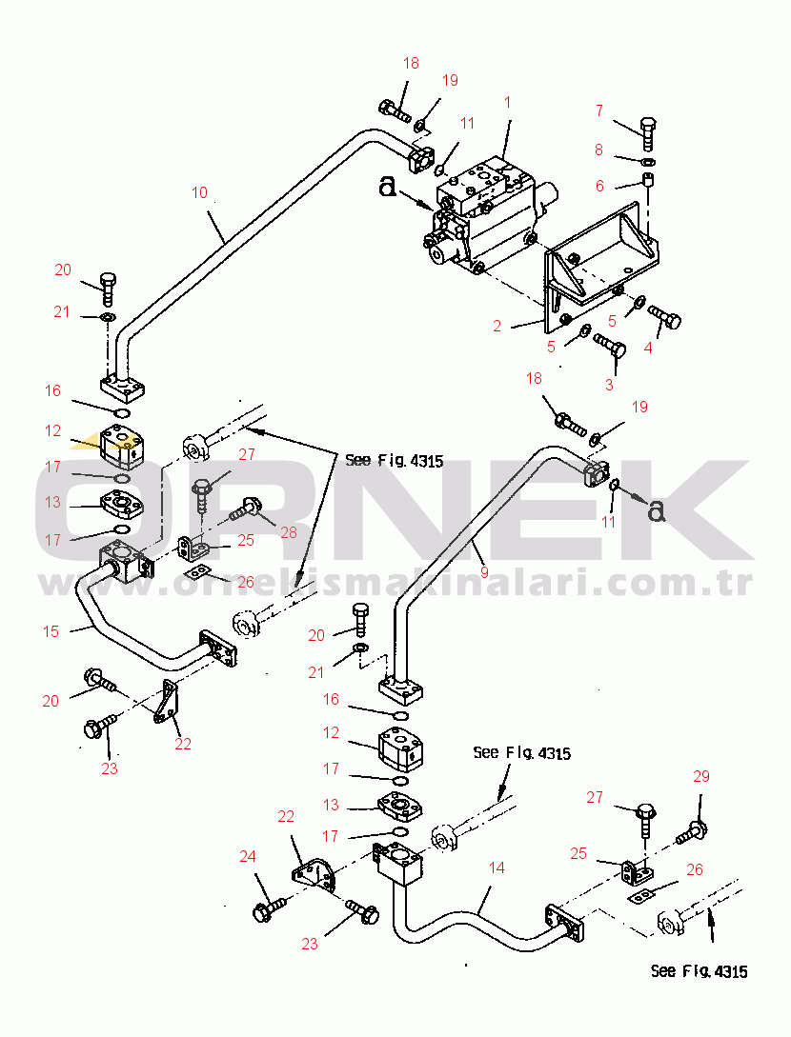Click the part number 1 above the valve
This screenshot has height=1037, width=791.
[507, 103]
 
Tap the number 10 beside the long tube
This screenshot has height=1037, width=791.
[199, 192]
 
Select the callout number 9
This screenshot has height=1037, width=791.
[484, 571]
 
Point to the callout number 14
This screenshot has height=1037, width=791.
[497, 867]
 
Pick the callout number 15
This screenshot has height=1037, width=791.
[51, 631]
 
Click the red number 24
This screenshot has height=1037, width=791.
[248, 856]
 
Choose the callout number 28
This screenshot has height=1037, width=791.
[289, 532]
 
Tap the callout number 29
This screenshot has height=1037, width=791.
[701, 776]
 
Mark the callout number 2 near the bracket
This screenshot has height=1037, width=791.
[497, 326]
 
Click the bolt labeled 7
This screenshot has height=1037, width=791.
[649, 133]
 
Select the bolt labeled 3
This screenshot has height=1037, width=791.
[610, 347]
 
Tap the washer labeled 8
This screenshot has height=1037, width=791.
[649, 161]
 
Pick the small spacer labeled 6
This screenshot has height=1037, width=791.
[649, 179]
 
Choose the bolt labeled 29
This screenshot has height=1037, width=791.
[693, 832]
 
